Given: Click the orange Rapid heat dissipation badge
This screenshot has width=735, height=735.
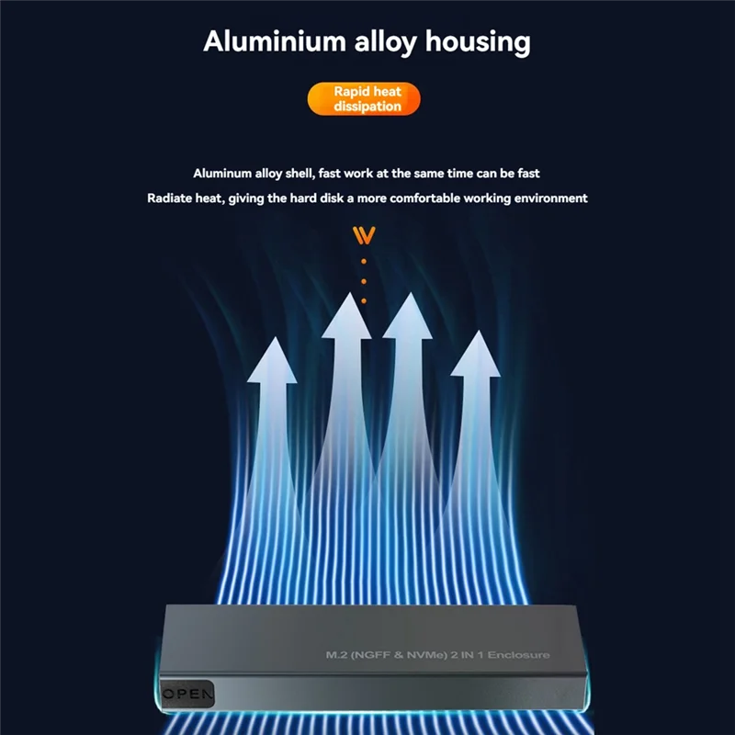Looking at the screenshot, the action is pyautogui.click(x=364, y=99).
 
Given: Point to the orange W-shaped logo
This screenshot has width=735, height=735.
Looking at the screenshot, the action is pyautogui.click(x=364, y=236).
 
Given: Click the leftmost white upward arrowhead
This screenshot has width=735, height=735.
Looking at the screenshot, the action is pyautogui.click(x=273, y=359).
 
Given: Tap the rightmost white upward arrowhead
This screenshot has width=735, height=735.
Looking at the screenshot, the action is pyautogui.click(x=476, y=354).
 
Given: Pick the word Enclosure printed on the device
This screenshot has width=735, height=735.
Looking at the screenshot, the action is pyautogui.click(x=519, y=654).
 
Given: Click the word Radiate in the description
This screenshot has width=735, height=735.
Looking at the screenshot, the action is pyautogui.click(x=172, y=198).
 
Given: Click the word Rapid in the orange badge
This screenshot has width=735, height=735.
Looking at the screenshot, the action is pyautogui.click(x=347, y=92).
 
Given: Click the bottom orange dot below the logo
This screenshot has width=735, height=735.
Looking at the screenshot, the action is pyautogui.click(x=364, y=300).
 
